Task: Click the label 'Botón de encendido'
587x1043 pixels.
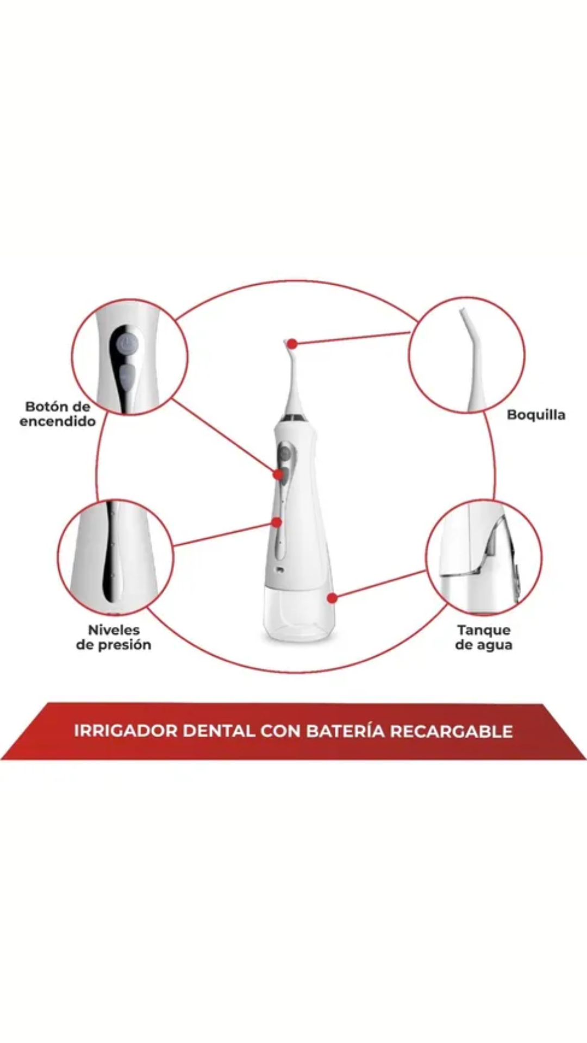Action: [58, 414]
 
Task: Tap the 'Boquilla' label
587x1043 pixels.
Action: [536, 415]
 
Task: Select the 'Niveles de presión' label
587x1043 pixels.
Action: [114, 637]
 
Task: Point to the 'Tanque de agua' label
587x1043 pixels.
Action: [484, 637]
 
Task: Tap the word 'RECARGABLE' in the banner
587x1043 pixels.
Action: [451, 731]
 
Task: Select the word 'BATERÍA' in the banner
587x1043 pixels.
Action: [345, 731]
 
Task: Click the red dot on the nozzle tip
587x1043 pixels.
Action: [292, 343]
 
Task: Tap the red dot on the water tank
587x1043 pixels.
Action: [332, 598]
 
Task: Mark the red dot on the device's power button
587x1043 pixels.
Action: [278, 474]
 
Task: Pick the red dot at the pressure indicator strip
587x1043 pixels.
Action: [277, 522]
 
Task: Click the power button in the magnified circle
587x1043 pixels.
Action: [125, 345]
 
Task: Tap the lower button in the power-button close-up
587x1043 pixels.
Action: [127, 376]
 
